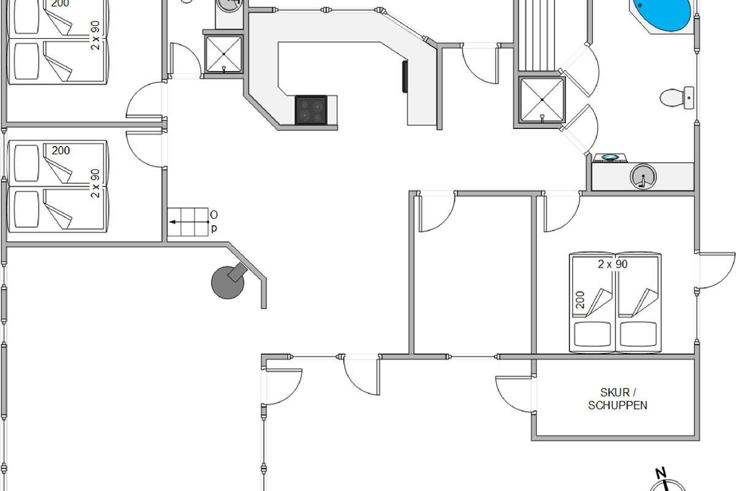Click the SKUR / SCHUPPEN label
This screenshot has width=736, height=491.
coord(618,398)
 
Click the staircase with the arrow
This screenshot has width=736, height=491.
coord(188,222)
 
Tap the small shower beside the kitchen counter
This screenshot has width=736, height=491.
coord(223,54)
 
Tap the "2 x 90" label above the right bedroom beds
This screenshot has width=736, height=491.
coord(613,264)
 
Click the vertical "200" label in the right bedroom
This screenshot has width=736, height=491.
coord(580,300)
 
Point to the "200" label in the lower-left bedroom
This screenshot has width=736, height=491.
coord(61,150)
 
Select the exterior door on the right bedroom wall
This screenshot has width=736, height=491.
coord(715,270)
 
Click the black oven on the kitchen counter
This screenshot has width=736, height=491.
coord(405,77)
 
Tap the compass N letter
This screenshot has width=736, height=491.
coord(661,473)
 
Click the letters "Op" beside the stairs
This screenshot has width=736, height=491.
coord(213,222)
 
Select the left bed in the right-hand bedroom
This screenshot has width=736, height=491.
coord(592,304)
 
